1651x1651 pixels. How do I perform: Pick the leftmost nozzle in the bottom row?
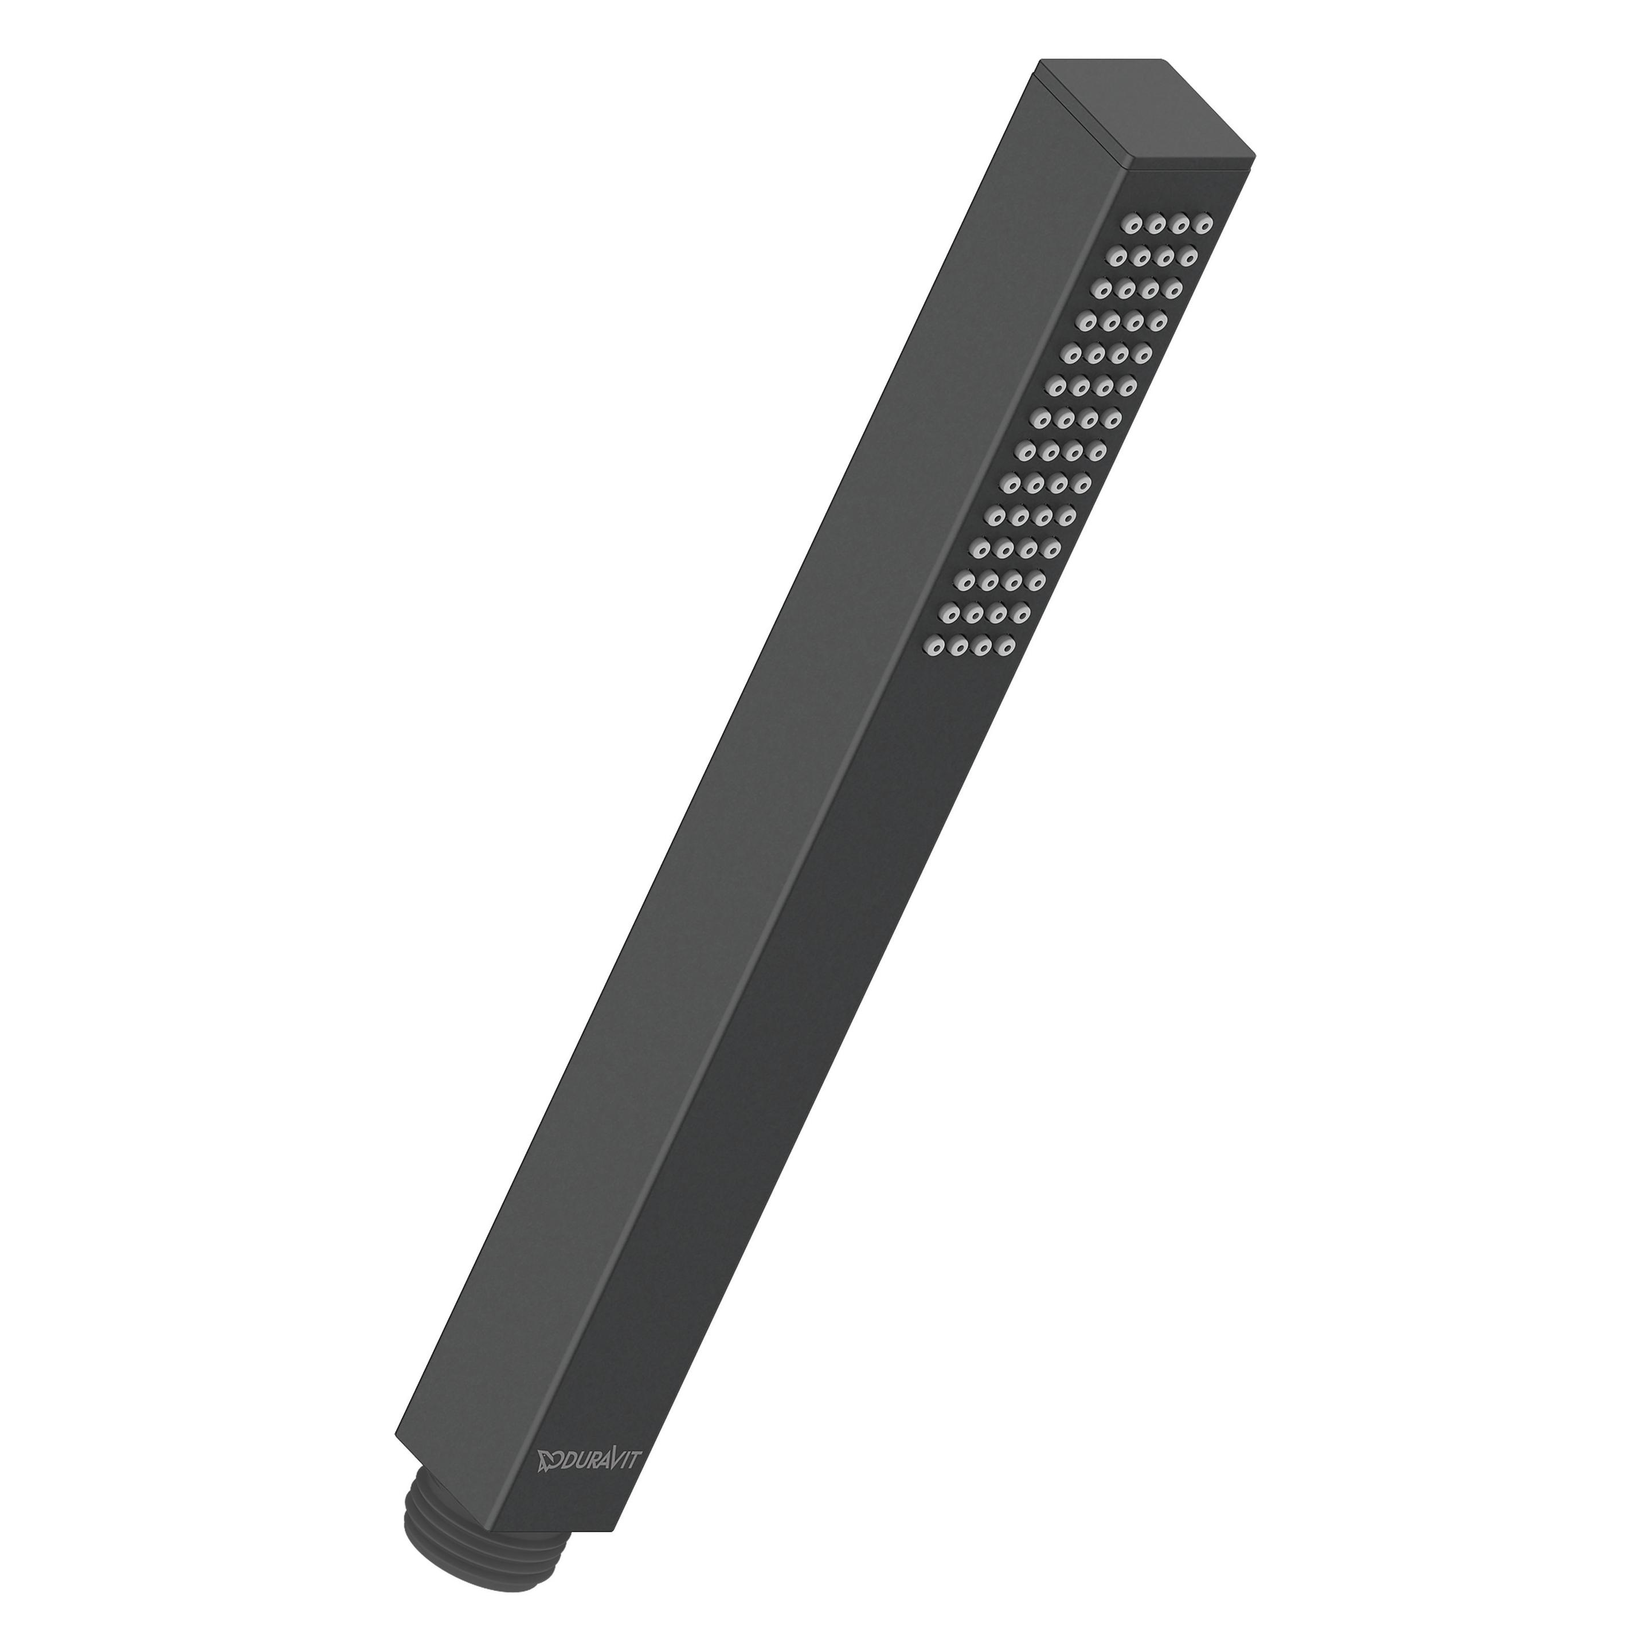click(936, 648)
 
